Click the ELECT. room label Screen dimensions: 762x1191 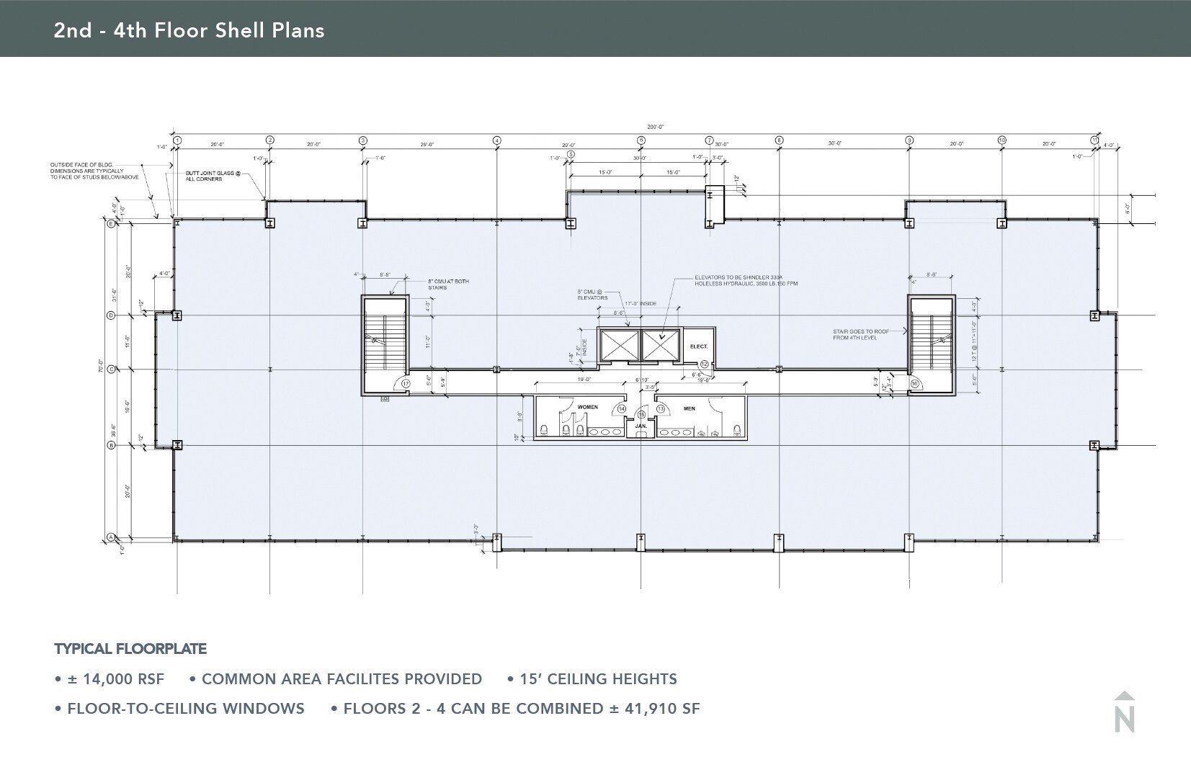tap(698, 346)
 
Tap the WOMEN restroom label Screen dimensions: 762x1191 tap(587, 407)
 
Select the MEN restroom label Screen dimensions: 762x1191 tap(689, 408)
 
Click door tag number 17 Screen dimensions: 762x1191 tap(406, 384)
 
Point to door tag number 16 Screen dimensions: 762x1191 tap(914, 384)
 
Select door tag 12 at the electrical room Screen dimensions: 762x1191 tap(705, 364)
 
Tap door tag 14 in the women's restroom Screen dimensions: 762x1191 tap(622, 408)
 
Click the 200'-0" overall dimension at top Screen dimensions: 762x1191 tap(655, 127)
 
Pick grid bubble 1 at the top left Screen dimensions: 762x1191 tap(177, 140)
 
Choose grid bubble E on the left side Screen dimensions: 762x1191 tap(111, 224)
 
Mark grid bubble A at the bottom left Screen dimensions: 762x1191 tap(111, 537)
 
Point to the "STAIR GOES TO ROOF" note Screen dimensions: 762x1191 tap(862, 334)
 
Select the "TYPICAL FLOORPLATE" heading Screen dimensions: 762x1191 tap(130, 649)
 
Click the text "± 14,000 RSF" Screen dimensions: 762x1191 tap(115, 679)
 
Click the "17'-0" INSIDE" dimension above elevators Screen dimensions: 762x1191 tap(640, 303)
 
